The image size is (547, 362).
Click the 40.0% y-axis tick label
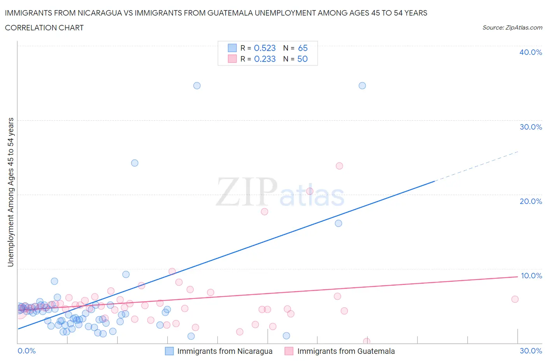click(x=530, y=52)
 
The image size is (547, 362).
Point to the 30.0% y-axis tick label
click(x=531, y=127)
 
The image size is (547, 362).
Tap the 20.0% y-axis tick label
click(x=531, y=201)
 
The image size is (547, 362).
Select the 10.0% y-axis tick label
click(x=531, y=276)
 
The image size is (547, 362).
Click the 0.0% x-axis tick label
click(x=26, y=351)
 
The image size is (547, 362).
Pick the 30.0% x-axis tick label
click(x=531, y=351)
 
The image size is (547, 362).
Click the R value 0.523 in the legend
click(x=265, y=48)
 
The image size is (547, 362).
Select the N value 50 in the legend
click(x=302, y=59)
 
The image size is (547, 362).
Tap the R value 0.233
click(x=265, y=59)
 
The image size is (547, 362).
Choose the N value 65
click(x=303, y=48)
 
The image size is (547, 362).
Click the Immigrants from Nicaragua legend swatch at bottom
click(x=169, y=351)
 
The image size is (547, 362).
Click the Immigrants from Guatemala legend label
click(x=346, y=351)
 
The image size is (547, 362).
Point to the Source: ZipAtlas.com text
click(x=512, y=28)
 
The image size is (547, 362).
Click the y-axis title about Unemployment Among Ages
click(x=11, y=192)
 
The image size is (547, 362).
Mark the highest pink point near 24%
click(x=339, y=166)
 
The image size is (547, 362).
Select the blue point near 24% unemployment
click(x=135, y=163)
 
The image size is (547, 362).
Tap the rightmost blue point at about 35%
click(x=362, y=86)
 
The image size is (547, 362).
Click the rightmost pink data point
click(x=515, y=299)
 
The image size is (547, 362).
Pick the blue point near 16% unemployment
click(x=338, y=223)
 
